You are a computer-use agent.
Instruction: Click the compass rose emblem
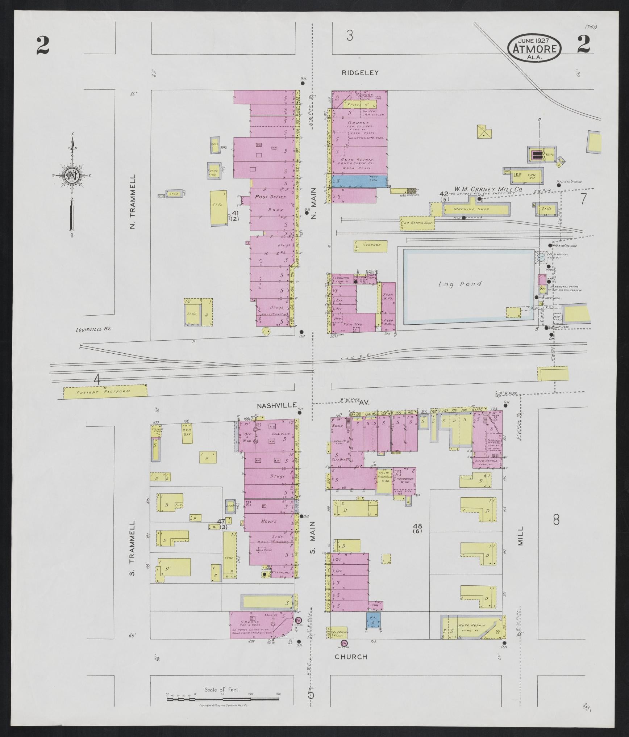tap(72, 176)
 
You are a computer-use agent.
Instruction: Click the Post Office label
tap(270, 197)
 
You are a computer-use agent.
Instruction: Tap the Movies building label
tap(268, 522)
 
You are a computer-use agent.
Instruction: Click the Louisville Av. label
tap(93, 330)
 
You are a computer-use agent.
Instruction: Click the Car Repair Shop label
tap(417, 223)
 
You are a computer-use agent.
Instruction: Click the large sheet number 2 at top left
tap(43, 46)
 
